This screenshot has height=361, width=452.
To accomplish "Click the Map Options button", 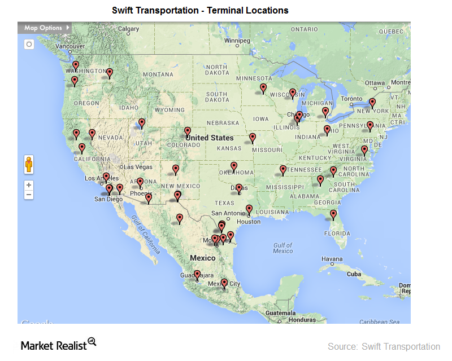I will point(45,28).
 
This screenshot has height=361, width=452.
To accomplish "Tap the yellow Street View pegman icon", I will point(29,165).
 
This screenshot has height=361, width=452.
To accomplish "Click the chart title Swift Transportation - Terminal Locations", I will point(200,10).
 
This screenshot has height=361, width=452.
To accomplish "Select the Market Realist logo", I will point(59,344).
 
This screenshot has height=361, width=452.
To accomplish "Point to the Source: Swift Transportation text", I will point(384,346).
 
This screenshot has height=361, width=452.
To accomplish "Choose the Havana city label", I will point(332,259).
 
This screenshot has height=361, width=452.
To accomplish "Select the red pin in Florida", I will point(333,214).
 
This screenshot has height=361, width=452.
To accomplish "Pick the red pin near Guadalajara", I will point(197,275).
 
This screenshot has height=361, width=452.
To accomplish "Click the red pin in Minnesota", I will point(263,88).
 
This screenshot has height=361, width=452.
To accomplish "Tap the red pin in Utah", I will point(142,122).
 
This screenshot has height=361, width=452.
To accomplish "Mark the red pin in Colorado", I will point(188,131).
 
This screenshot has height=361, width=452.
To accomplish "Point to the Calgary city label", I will point(128,29).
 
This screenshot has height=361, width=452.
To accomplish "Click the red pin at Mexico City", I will point(224,283).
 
